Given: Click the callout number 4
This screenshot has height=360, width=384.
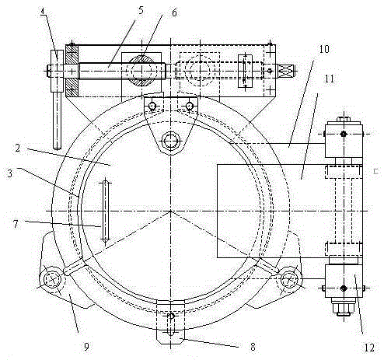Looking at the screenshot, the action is (x=44, y=12).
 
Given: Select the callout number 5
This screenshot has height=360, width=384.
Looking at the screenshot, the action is (x=141, y=10).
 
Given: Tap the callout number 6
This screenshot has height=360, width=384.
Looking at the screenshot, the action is (x=174, y=12).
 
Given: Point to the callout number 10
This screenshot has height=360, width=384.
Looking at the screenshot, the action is (x=323, y=49).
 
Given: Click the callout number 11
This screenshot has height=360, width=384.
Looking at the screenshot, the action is (x=330, y=79).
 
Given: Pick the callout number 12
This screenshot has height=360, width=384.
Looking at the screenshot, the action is (x=369, y=348).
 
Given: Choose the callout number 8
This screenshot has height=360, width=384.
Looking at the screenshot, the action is (x=253, y=347).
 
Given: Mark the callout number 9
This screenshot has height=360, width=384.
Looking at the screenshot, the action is (x=86, y=346).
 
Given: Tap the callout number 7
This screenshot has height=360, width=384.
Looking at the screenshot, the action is (x=16, y=224).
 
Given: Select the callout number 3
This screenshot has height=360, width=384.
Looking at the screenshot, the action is (x=9, y=173).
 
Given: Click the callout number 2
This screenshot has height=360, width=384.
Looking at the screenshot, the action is (x=18, y=149).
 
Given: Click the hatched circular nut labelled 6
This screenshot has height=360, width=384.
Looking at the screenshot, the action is (x=141, y=70).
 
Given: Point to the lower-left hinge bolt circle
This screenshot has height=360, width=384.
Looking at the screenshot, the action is (x=53, y=280).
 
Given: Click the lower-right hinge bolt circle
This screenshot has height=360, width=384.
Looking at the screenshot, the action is (x=289, y=279).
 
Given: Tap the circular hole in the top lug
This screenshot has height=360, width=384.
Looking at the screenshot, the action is (x=171, y=142).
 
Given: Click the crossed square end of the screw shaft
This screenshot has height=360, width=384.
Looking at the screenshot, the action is (x=286, y=70).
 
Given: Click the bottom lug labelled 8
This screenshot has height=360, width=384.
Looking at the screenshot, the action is (x=171, y=322).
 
